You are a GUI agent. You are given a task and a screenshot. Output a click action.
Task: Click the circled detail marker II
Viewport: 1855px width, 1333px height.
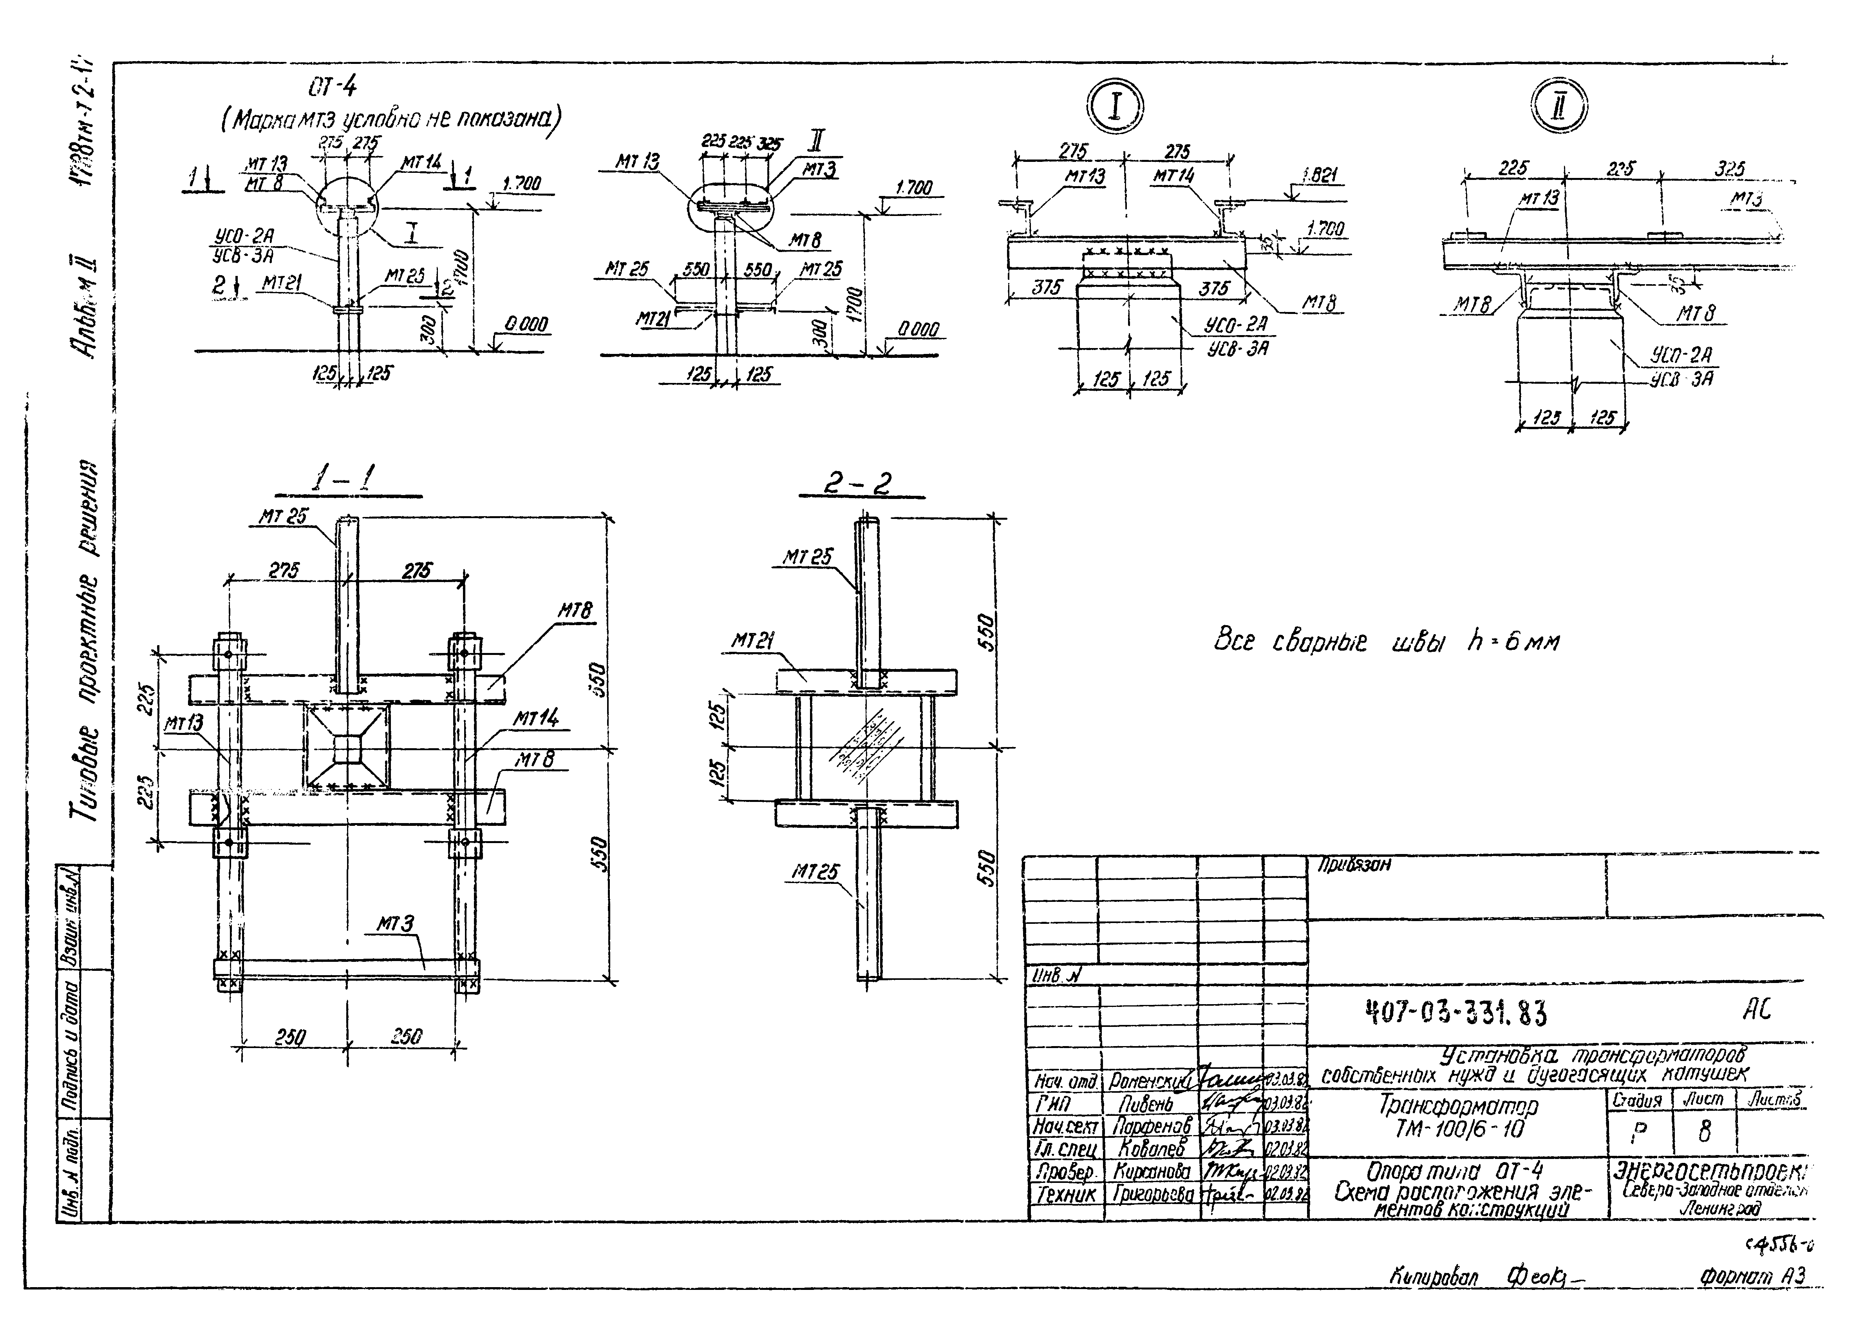[x=1558, y=107]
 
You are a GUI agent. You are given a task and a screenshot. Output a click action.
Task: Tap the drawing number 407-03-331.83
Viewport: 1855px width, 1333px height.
[x=1456, y=1014]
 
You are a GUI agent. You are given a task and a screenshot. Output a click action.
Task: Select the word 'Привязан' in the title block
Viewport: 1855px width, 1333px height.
[x=1354, y=864]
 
